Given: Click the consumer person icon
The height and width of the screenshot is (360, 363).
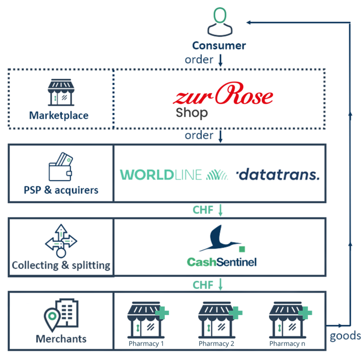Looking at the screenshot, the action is pyautogui.click(x=219, y=22).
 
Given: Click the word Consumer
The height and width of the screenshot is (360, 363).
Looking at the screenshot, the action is pyautogui.click(x=219, y=45).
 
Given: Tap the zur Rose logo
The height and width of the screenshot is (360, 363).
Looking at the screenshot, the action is pyautogui.click(x=223, y=93).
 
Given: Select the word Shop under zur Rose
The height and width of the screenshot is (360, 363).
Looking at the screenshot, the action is pyautogui.click(x=192, y=113).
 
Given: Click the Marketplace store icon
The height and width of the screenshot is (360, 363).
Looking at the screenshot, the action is pyautogui.click(x=61, y=92).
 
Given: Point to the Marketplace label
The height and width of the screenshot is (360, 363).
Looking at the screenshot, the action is pyautogui.click(x=59, y=116).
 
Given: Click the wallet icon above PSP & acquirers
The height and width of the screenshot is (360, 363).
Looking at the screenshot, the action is pyautogui.click(x=60, y=167).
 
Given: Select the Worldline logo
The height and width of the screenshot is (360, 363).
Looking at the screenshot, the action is pyautogui.click(x=174, y=175).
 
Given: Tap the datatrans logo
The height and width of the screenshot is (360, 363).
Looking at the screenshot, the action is pyautogui.click(x=278, y=174).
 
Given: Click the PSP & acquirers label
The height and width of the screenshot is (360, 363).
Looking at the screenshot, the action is pyautogui.click(x=61, y=190).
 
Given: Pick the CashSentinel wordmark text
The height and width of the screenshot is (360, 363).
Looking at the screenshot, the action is pyautogui.click(x=222, y=262).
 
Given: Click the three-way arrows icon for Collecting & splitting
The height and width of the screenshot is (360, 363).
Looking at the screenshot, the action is pyautogui.click(x=61, y=241).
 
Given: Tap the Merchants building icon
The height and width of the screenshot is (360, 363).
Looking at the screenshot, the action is pyautogui.click(x=61, y=315).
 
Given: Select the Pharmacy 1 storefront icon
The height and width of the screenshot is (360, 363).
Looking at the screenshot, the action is pyautogui.click(x=148, y=320).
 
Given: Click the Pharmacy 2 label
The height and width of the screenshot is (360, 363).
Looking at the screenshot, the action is pyautogui.click(x=216, y=344).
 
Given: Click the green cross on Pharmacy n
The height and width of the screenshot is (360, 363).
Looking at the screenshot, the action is pyautogui.click(x=305, y=313).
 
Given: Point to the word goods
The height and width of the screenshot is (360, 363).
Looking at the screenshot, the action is pyautogui.click(x=345, y=336).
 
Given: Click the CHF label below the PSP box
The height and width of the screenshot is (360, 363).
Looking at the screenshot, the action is pyautogui.click(x=203, y=210).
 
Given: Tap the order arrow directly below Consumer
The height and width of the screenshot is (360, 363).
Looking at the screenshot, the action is pyautogui.click(x=220, y=60).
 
